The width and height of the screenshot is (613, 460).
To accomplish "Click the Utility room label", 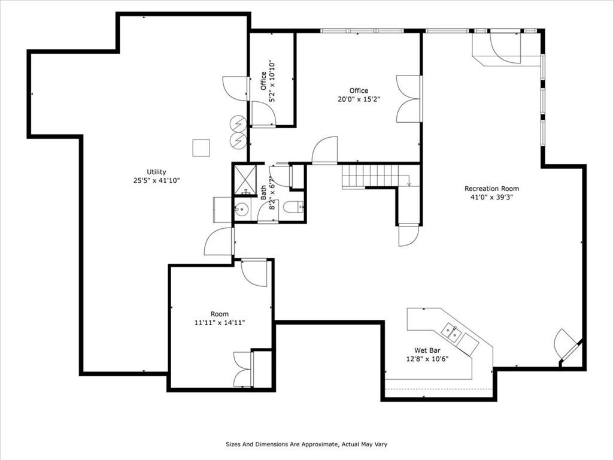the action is [x=156, y=172].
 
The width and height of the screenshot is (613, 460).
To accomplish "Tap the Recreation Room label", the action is [x=491, y=189].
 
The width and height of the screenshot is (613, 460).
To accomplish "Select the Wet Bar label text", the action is [x=427, y=350].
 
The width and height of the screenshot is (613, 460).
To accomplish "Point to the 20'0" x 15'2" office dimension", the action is [x=359, y=99].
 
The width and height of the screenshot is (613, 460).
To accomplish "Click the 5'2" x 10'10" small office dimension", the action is [x=272, y=81].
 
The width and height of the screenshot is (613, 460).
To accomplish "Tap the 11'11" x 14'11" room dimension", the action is [x=220, y=323].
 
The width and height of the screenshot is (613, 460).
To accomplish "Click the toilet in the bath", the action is [x=292, y=207].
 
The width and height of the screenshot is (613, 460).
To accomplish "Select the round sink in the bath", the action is [x=241, y=209].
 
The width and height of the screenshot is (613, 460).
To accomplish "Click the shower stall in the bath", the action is [x=245, y=180].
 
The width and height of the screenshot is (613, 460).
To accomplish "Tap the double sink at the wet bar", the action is [x=451, y=332].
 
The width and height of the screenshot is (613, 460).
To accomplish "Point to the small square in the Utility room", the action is [x=201, y=148].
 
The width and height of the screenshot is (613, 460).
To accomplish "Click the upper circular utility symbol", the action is [x=237, y=123].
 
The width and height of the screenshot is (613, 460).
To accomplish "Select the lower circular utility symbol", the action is [x=237, y=140].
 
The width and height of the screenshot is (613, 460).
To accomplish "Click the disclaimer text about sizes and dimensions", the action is [x=306, y=444].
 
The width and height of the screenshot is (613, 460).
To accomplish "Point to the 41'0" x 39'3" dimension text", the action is [x=491, y=197].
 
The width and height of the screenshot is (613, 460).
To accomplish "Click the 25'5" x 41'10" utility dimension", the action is [x=156, y=180].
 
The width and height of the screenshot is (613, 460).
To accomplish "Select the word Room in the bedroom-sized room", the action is [x=220, y=314].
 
